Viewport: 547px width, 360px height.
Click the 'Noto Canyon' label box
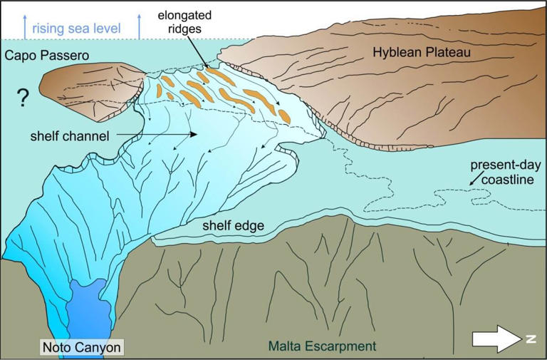point(81,347)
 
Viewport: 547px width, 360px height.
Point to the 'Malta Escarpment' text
point(322,347)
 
